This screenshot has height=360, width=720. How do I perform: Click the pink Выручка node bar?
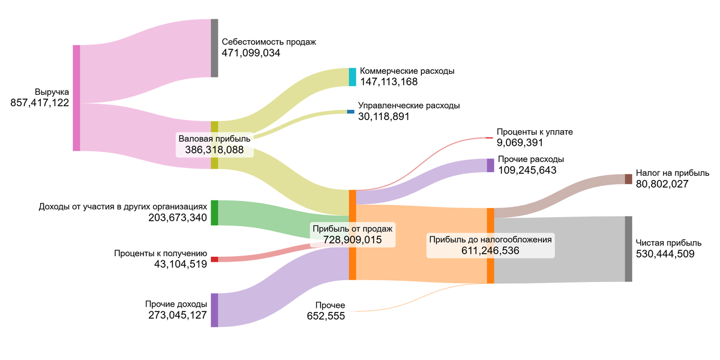tap(76, 98)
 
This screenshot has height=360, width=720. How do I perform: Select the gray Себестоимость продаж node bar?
tap(214, 48)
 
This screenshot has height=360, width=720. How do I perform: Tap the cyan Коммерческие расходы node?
tap(353, 77)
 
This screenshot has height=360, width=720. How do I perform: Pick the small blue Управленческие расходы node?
tap(350, 112)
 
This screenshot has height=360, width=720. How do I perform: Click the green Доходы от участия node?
tap(214, 212)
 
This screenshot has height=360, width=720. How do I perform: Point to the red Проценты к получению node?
tap(214, 259)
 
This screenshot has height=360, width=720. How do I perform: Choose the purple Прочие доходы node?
tap(214, 310)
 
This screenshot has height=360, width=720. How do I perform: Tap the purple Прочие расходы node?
tap(490, 165)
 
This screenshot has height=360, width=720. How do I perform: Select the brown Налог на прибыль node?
tap(628, 179)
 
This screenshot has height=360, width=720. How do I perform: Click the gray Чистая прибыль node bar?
tap(628, 248)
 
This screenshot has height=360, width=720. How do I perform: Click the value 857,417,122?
tap(40, 103)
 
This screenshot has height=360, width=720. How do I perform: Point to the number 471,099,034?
tap(251, 53)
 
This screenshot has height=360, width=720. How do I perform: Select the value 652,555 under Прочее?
tap(326, 316)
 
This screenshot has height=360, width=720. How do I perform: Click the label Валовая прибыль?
tap(214, 139)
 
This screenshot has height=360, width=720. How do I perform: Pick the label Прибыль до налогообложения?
tap(490, 239)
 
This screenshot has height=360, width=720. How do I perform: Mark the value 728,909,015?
tap(353, 239)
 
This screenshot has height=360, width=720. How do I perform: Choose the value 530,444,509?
tap(665, 254)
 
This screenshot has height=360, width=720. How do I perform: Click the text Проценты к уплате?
tap(530, 131)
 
